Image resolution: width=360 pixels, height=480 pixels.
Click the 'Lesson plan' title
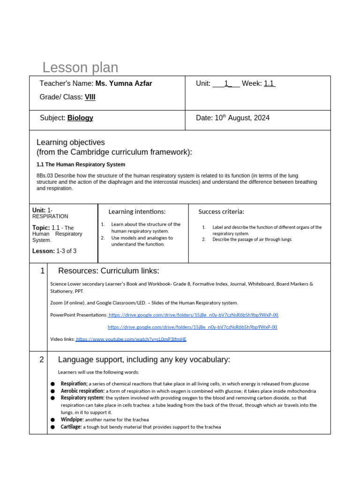click(80, 67)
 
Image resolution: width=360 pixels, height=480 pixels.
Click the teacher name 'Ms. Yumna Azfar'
click(124, 83)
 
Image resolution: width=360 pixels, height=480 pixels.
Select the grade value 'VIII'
click(90, 97)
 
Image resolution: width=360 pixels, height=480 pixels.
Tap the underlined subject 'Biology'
click(80, 118)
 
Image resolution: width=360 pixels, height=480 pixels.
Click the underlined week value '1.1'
click(270, 83)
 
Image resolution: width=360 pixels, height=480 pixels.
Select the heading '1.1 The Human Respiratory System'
click(81, 165)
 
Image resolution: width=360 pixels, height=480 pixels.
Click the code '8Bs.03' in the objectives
click(45, 175)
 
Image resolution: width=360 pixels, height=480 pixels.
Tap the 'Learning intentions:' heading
click(137, 212)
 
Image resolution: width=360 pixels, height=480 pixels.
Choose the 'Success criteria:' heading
click(221, 212)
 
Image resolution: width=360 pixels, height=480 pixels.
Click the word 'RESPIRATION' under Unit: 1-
click(50, 217)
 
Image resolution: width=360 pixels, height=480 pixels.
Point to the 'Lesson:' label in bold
click(44, 251)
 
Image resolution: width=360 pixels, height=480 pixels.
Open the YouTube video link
click(131, 339)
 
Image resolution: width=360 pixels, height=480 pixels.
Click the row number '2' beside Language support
click(42, 360)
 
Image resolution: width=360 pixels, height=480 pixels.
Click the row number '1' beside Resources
click(42, 270)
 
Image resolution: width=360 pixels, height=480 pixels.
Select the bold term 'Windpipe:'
click(72, 420)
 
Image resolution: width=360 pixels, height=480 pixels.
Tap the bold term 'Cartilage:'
click(71, 427)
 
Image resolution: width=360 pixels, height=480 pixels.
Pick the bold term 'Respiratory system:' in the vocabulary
click(82, 398)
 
